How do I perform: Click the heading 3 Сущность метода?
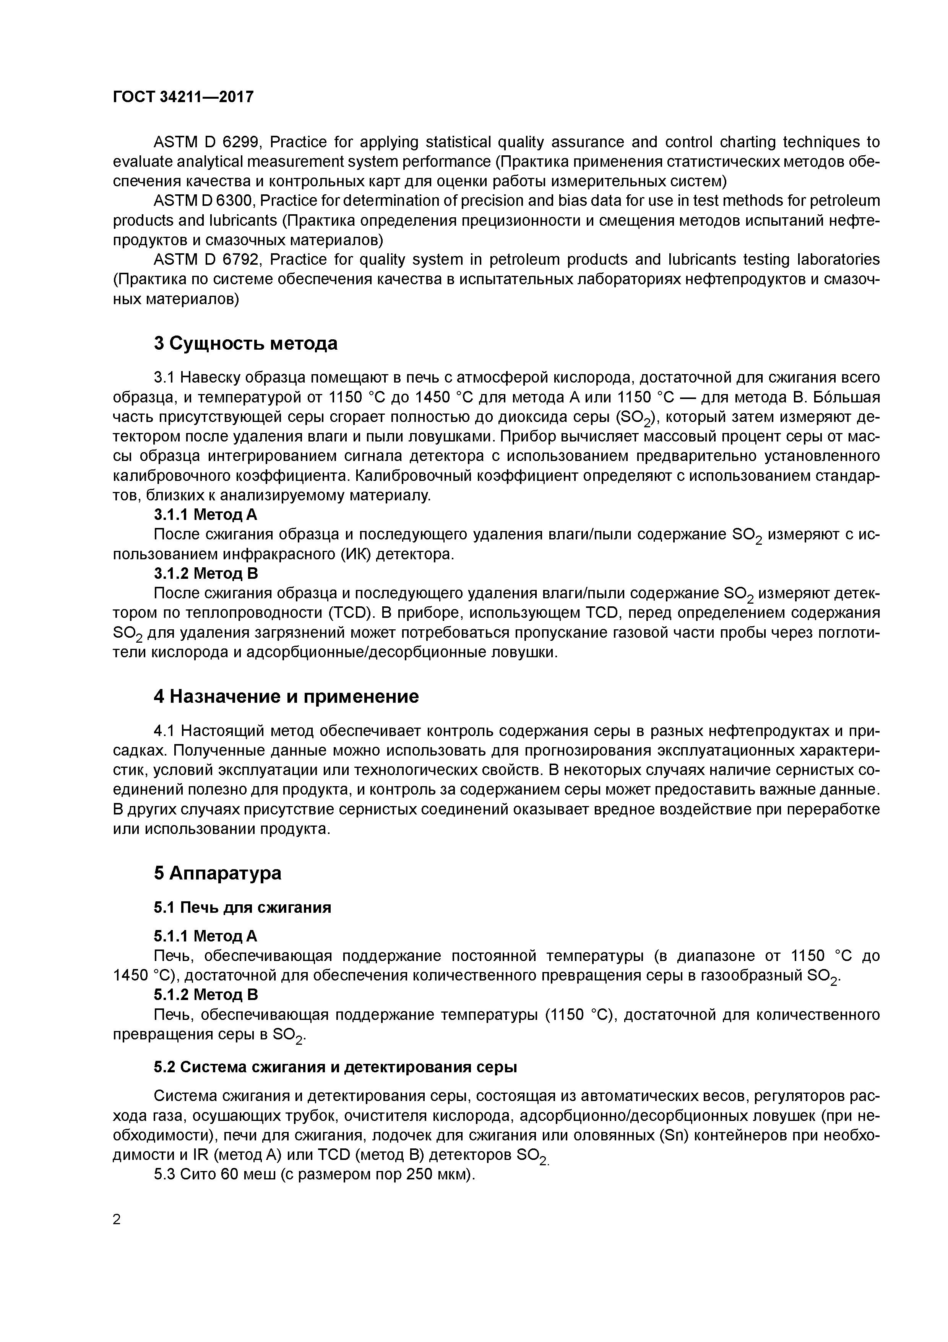tap(245, 343)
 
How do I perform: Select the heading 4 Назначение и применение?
tap(286, 696)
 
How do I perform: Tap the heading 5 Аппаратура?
tap(217, 873)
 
